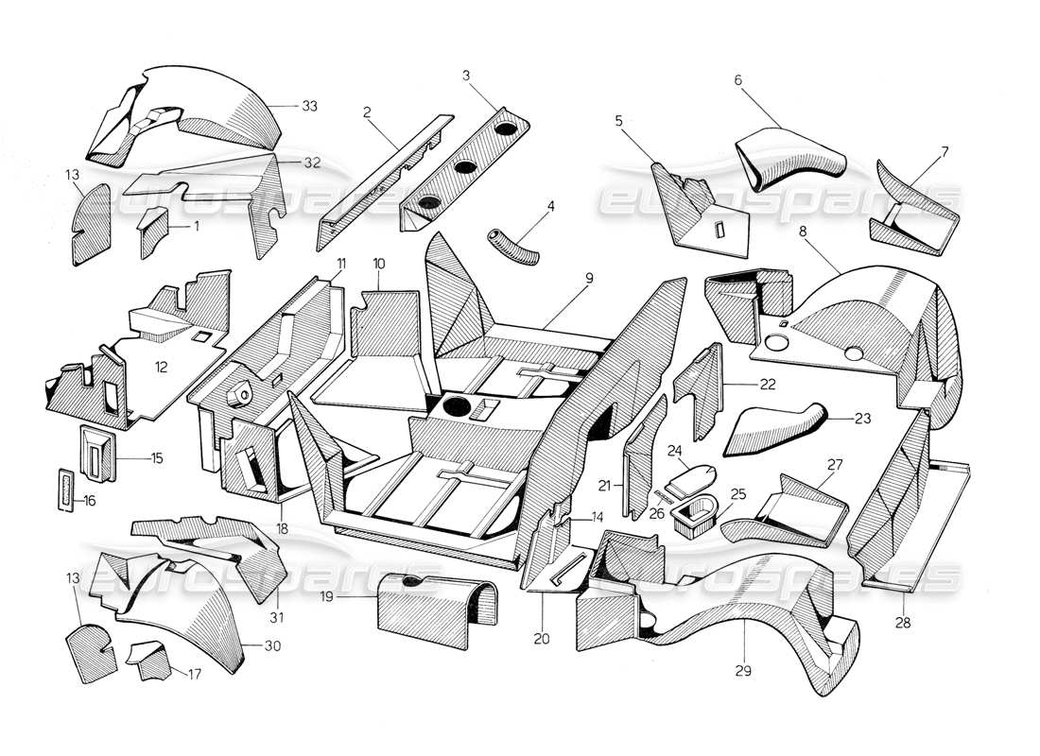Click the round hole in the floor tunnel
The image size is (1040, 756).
(x=455, y=408)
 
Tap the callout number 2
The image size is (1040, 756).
(x=366, y=112)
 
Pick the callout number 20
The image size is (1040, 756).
(x=540, y=638)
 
